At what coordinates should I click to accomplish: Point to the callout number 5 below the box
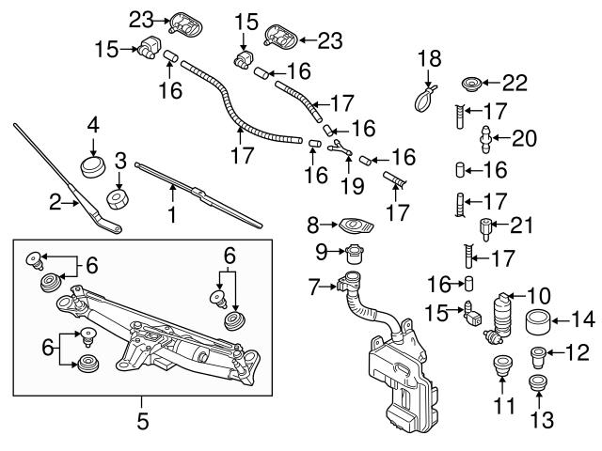coord(143,422)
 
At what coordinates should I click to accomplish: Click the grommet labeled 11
coord(501,369)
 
